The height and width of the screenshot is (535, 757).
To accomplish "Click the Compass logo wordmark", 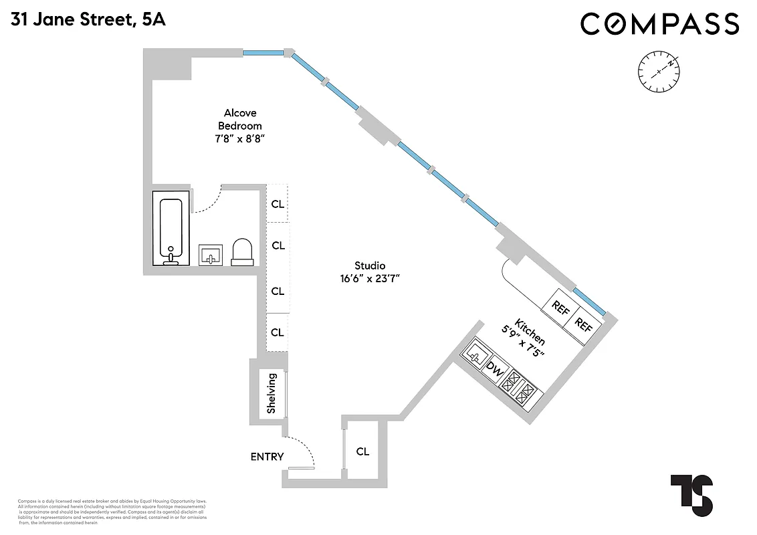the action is (659, 23).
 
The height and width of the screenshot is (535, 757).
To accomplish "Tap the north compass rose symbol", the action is (659, 71).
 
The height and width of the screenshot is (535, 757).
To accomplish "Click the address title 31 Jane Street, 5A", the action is (88, 19).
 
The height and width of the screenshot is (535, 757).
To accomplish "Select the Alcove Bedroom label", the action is (240, 119).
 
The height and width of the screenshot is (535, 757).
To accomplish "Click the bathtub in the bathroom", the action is (171, 228).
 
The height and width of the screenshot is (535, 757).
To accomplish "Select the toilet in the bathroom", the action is (242, 251).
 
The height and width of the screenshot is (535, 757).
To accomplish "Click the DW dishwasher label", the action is (494, 367).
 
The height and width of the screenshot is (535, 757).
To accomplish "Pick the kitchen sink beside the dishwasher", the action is (476, 351).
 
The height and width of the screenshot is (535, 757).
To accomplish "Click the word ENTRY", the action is (267, 457).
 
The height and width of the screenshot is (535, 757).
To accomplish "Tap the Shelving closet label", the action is (272, 393).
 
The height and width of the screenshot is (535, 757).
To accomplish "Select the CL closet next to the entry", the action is (362, 451).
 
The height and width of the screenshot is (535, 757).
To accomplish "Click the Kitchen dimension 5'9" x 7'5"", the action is (523, 341).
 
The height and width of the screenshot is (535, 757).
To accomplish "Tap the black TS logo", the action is (691, 496).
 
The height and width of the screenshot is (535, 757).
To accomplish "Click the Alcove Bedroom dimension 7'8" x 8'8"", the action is (240, 138).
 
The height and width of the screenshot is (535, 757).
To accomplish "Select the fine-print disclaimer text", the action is (112, 511).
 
